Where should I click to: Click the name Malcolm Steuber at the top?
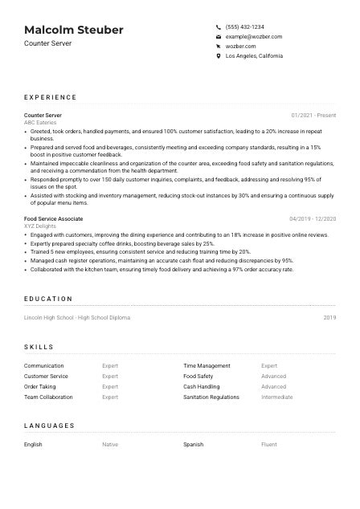pyautogui.click(x=74, y=30)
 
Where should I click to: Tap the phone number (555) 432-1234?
pyautogui.click(x=244, y=26)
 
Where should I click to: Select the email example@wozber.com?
pyautogui.click(x=253, y=37)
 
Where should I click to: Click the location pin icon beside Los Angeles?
pyautogui.click(x=219, y=56)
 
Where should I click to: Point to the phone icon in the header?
pyautogui.click(x=219, y=26)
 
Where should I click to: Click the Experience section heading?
pyautogui.click(x=51, y=97)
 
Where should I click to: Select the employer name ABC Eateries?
pyautogui.click(x=41, y=122)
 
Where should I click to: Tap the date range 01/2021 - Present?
pyautogui.click(x=313, y=116)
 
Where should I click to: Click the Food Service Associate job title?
pyautogui.click(x=53, y=218)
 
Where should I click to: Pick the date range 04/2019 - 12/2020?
pyautogui.click(x=313, y=218)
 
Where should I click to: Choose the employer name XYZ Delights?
pyautogui.click(x=39, y=226)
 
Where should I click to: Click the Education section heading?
pyautogui.click(x=48, y=299)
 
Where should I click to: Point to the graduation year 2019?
pyautogui.click(x=329, y=318)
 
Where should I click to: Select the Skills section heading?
pyautogui.click(x=39, y=347)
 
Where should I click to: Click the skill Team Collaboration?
pyautogui.click(x=48, y=397)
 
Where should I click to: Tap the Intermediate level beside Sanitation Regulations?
pyautogui.click(x=276, y=397)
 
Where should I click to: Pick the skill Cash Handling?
pyautogui.click(x=201, y=386)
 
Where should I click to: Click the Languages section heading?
pyautogui.click(x=49, y=426)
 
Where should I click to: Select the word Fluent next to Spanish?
pyautogui.click(x=268, y=444)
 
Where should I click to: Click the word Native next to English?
pyautogui.click(x=109, y=444)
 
